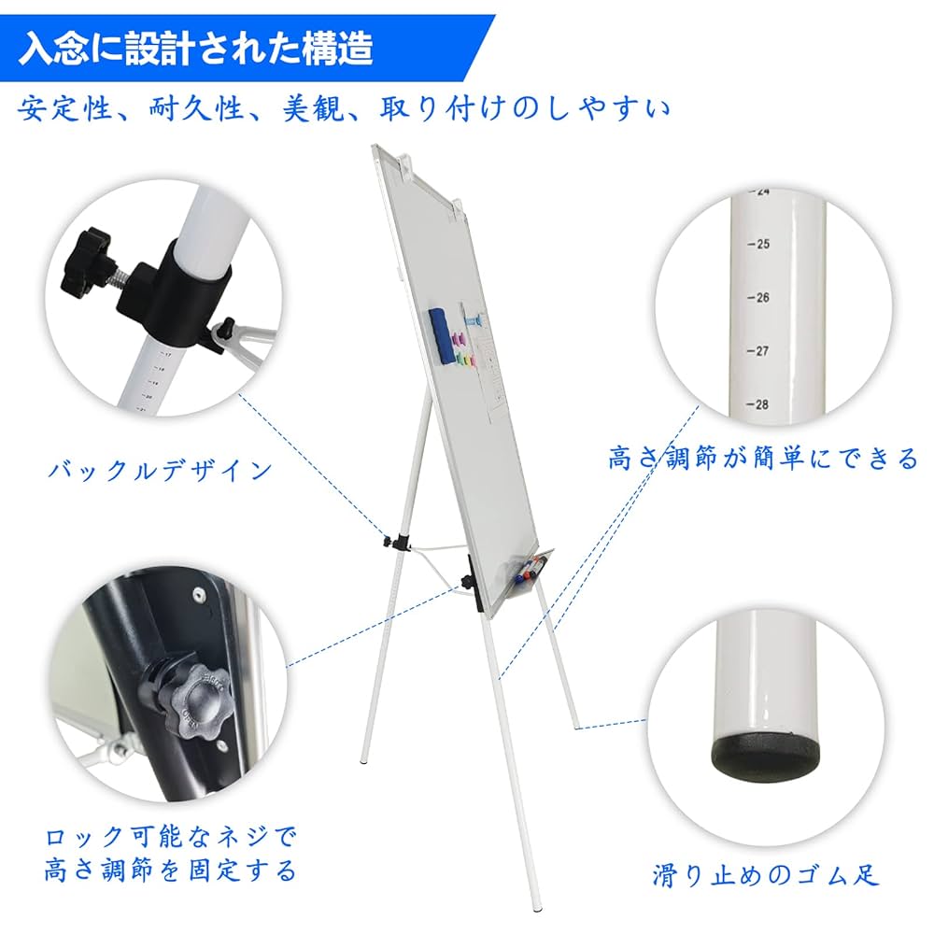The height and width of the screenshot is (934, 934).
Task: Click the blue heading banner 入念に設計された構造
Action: click(196, 48)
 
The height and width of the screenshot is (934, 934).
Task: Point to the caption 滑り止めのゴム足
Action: click(766, 875)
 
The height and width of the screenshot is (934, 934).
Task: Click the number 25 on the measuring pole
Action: click(762, 245)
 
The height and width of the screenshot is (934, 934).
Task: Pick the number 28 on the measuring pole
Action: click(762, 404)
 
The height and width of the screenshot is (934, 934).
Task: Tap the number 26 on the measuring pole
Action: click(762, 298)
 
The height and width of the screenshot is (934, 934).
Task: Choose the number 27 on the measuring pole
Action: click(762, 351)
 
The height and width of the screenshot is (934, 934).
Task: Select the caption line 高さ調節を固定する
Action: click(170, 871)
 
